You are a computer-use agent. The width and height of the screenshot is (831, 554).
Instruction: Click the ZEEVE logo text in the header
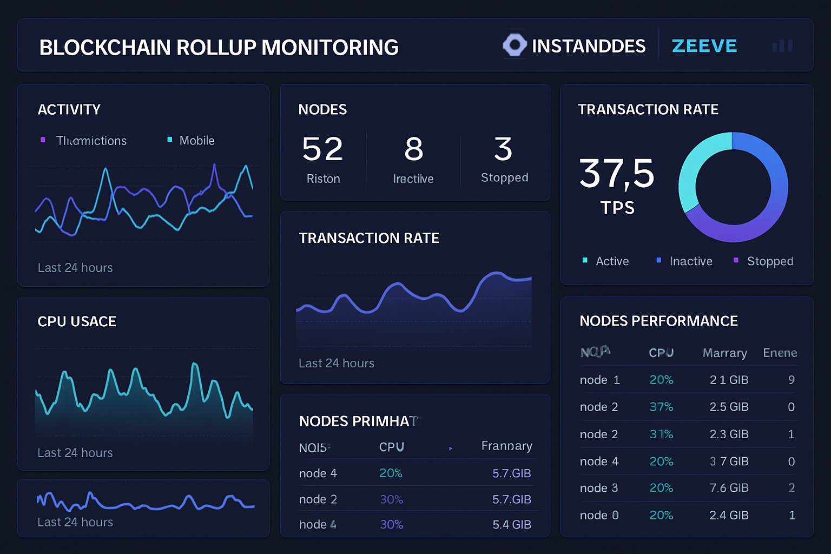704,46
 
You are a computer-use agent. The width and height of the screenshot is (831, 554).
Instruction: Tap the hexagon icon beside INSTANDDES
514,45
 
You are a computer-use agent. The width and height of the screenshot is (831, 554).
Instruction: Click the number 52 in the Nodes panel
322,149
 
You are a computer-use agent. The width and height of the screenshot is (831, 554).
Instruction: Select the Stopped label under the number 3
504,177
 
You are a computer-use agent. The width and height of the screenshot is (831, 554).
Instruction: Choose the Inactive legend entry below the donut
690,261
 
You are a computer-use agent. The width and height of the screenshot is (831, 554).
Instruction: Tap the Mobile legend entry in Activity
196,141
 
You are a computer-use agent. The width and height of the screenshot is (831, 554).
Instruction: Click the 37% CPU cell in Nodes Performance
661,407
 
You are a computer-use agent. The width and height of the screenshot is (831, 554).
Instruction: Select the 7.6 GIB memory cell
728,488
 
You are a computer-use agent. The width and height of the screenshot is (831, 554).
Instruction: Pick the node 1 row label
599,380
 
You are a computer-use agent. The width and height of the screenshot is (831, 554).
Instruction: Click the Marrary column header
724,353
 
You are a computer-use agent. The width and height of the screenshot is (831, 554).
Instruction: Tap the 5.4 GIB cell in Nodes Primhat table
511,524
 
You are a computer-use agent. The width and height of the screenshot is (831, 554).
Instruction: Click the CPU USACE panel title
77,321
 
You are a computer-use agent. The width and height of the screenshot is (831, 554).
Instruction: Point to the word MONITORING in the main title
330,48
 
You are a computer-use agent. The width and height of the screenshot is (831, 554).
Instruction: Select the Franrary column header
506,446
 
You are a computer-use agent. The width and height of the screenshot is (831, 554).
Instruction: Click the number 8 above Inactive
413,149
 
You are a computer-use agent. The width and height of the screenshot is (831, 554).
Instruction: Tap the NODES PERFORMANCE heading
658,321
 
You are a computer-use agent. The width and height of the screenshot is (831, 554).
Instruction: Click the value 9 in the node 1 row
791,380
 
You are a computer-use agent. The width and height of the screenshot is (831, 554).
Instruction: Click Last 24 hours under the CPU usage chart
75,453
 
